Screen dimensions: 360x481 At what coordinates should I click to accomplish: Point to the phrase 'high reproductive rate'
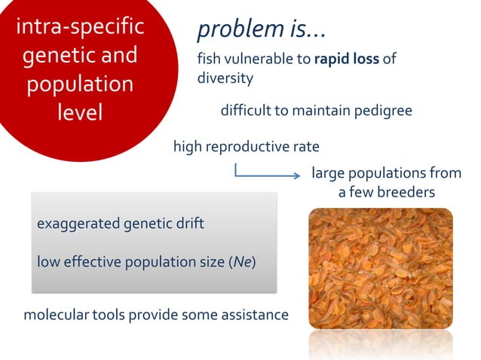tap(246, 146)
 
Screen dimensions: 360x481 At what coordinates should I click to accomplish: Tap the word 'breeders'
tap(407, 193)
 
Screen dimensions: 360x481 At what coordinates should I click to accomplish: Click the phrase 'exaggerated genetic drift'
tap(120, 224)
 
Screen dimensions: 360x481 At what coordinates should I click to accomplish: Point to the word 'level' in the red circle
tap(79, 111)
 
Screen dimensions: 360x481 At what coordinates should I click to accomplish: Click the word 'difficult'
tap(245, 111)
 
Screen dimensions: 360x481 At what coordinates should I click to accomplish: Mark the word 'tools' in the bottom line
tap(109, 314)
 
